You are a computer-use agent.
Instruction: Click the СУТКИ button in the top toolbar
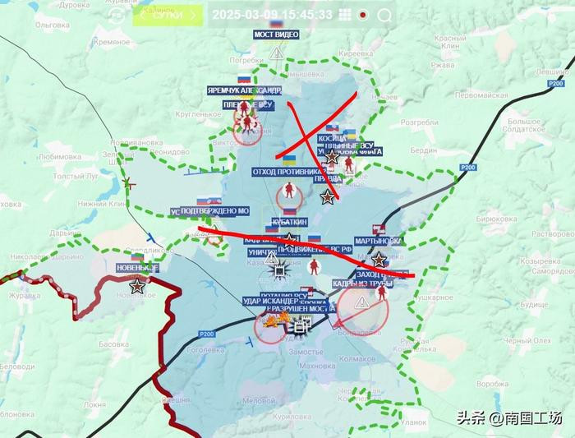click(169, 14)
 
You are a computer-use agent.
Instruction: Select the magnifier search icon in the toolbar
click(384, 15)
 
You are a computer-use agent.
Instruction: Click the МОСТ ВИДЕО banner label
click(275, 35)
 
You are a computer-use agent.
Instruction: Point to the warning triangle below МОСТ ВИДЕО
click(276, 53)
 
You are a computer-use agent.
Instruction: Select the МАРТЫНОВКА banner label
click(379, 242)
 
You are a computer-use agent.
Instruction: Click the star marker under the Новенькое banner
click(137, 287)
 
